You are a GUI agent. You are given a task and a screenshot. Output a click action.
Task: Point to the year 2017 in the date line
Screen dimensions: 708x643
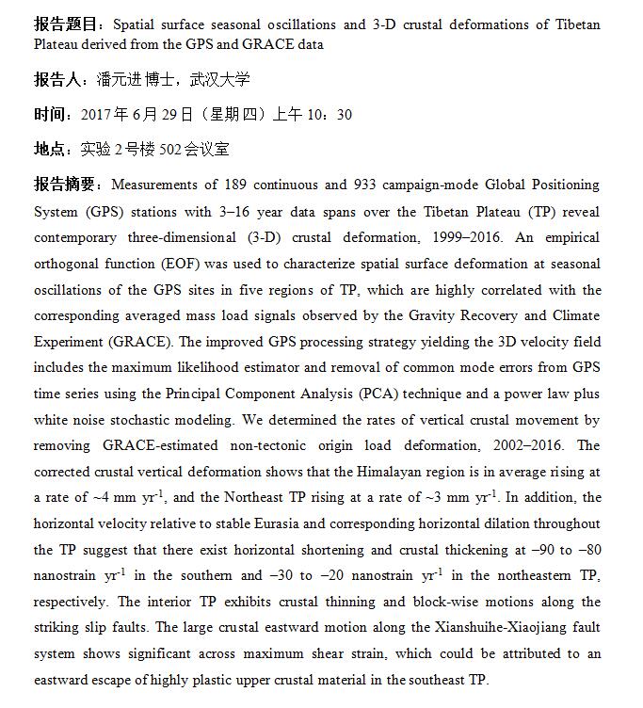click(x=97, y=115)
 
